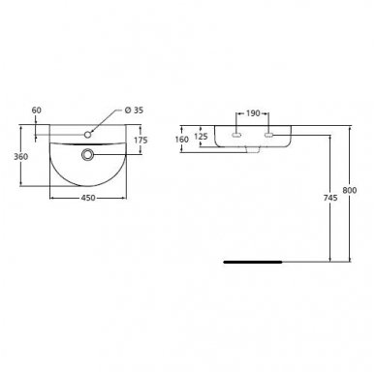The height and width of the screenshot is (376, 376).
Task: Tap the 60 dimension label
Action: pyautogui.click(x=38, y=110)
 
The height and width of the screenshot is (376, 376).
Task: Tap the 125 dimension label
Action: pyautogui.click(x=203, y=136)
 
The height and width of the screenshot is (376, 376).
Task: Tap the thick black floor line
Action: pyautogui.click(x=252, y=261)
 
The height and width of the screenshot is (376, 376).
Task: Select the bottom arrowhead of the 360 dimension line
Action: pyautogui.click(x=22, y=184)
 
